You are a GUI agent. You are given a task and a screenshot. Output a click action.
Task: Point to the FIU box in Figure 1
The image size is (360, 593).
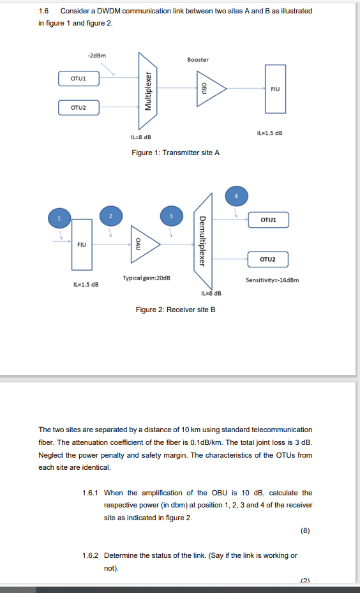click(x=275, y=89)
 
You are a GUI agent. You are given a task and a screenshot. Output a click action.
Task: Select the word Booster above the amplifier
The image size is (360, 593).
click(x=198, y=59)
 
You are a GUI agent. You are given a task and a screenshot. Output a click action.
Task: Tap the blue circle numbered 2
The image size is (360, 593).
click(x=110, y=216)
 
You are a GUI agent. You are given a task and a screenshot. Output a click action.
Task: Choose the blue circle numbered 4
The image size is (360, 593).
click(x=236, y=195)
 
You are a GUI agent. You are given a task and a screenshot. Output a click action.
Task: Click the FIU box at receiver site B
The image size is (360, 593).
click(x=82, y=244)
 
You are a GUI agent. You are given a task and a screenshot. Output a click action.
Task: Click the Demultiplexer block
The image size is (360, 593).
click(x=202, y=241)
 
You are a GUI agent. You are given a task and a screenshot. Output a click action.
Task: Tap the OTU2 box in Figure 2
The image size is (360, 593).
click(x=268, y=259)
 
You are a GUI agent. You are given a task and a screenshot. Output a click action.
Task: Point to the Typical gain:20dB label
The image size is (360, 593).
click(x=146, y=278)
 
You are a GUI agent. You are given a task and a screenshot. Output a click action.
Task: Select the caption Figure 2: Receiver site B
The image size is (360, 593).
click(x=176, y=310)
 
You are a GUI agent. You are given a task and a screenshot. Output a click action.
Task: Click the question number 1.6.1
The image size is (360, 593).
click(x=92, y=493)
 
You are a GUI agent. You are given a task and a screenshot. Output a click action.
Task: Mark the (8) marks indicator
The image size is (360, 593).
click(x=306, y=530)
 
